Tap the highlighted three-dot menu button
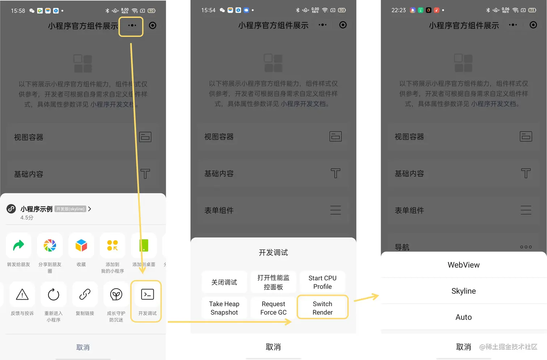132,25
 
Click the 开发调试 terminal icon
148,294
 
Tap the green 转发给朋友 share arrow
18,245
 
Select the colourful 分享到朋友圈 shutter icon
50,245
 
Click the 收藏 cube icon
81,245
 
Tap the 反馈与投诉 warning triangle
22,294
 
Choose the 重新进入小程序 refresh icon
54,294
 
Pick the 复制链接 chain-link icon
85,294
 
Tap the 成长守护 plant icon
116,294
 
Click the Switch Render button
323,308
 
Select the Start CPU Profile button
322,282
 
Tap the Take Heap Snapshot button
224,308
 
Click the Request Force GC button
273,308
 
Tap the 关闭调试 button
224,282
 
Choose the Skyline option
463,291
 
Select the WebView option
463,265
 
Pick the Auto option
463,317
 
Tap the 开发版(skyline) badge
70,209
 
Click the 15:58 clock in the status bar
18,11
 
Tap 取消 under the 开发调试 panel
273,347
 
